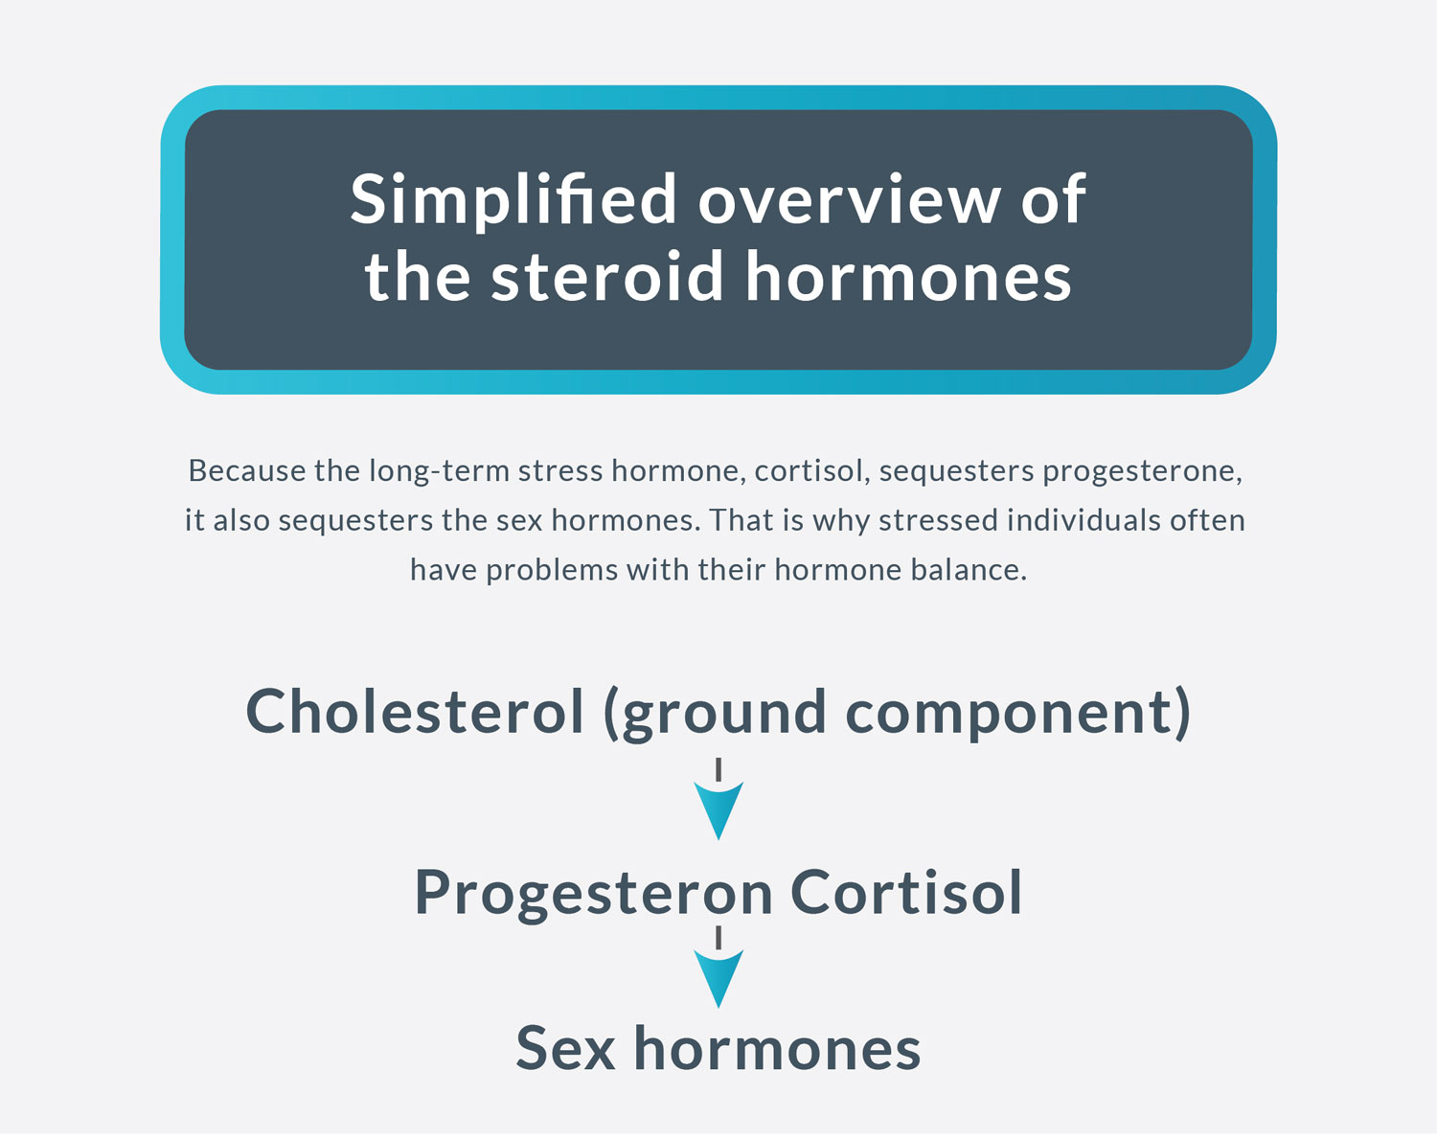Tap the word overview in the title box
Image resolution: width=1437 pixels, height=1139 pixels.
[x=848, y=199]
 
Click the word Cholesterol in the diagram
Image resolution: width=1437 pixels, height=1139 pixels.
[x=415, y=711]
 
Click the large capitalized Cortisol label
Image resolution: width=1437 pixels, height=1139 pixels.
[x=905, y=892]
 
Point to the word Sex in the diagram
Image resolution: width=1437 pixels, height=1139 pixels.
[x=565, y=1049]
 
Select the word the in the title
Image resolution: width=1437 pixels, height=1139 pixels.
[x=418, y=276]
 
